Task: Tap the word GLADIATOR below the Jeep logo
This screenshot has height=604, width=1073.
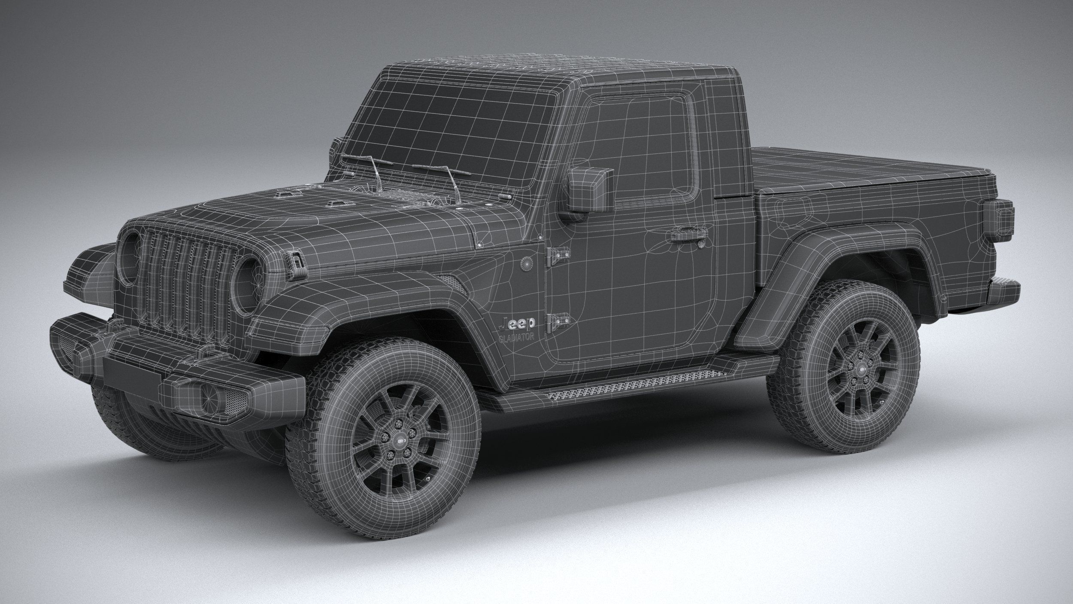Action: point(516,337)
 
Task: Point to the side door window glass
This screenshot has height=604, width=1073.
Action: point(635,146)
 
